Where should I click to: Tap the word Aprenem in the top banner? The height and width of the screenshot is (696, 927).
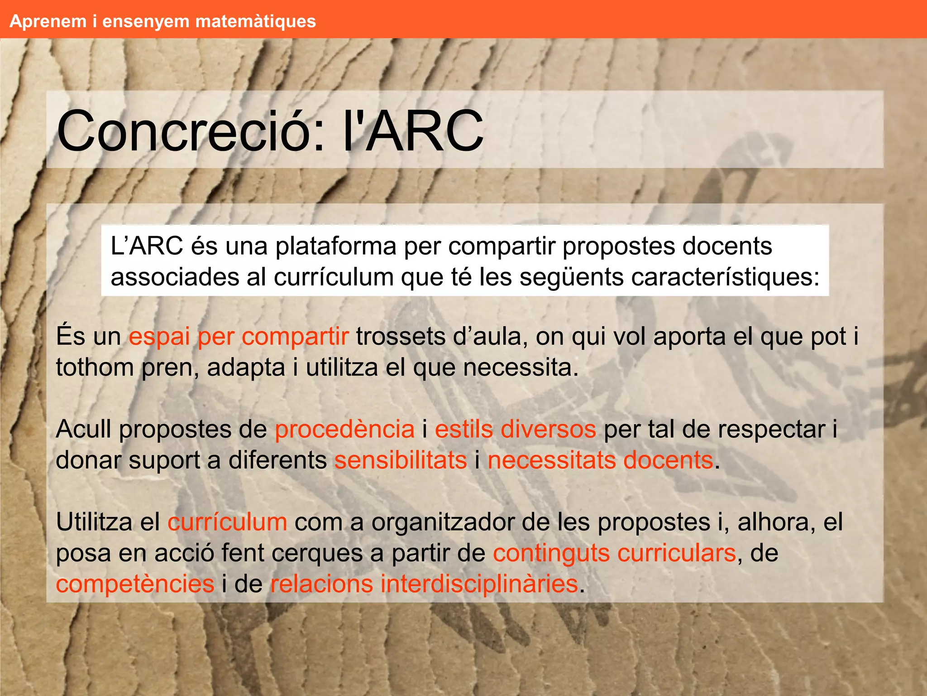pos(48,21)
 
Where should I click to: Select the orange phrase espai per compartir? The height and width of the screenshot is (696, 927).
pos(239,337)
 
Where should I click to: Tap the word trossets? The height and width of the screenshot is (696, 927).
pos(401,337)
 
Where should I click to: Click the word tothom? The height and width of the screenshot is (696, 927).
pos(95,367)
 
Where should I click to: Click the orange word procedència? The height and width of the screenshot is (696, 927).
pos(344,429)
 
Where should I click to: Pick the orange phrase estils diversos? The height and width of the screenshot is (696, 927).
pos(515,429)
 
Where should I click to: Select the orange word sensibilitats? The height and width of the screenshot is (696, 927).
pos(401,460)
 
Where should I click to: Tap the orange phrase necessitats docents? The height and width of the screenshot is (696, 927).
pos(600,460)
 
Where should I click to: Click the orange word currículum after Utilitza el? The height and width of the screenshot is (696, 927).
pos(227,522)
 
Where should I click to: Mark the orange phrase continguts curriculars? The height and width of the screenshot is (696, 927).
pos(614,553)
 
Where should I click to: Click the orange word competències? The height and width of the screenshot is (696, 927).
pos(135,584)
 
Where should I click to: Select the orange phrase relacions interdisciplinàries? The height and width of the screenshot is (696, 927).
pos(424,584)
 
